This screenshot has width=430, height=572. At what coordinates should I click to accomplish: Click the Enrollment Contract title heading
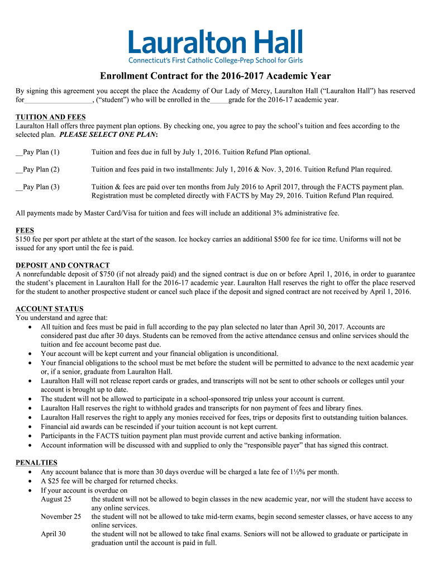click(215, 76)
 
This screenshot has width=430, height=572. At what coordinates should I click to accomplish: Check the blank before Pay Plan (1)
click(19, 152)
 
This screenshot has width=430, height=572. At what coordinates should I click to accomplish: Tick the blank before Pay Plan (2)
click(19, 170)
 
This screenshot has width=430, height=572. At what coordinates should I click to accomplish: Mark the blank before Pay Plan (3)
click(19, 187)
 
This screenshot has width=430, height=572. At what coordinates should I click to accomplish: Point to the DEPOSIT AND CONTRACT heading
click(63, 265)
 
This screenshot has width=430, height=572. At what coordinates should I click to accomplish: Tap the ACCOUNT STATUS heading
click(50, 309)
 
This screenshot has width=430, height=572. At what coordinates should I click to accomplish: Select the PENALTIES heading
click(37, 463)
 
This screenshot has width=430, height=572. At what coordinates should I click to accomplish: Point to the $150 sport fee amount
click(25, 239)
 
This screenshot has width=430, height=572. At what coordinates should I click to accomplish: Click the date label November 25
click(61, 517)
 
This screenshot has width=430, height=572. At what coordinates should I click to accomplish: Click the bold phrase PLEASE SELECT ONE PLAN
click(108, 135)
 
